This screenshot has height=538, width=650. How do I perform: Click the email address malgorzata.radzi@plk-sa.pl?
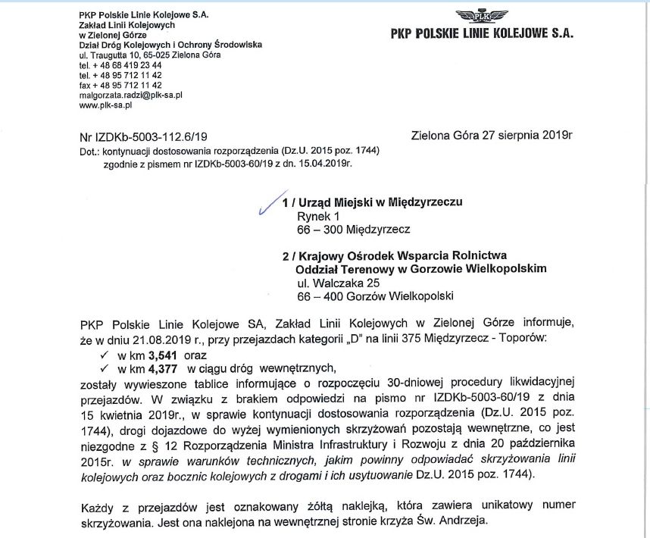pyautogui.click(x=130, y=95)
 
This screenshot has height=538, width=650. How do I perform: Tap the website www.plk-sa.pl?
pyautogui.click(x=106, y=105)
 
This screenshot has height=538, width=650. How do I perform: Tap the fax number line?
pyautogui.click(x=120, y=86)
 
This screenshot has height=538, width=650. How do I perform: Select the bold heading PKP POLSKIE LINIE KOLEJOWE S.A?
pyautogui.click(x=482, y=33)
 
